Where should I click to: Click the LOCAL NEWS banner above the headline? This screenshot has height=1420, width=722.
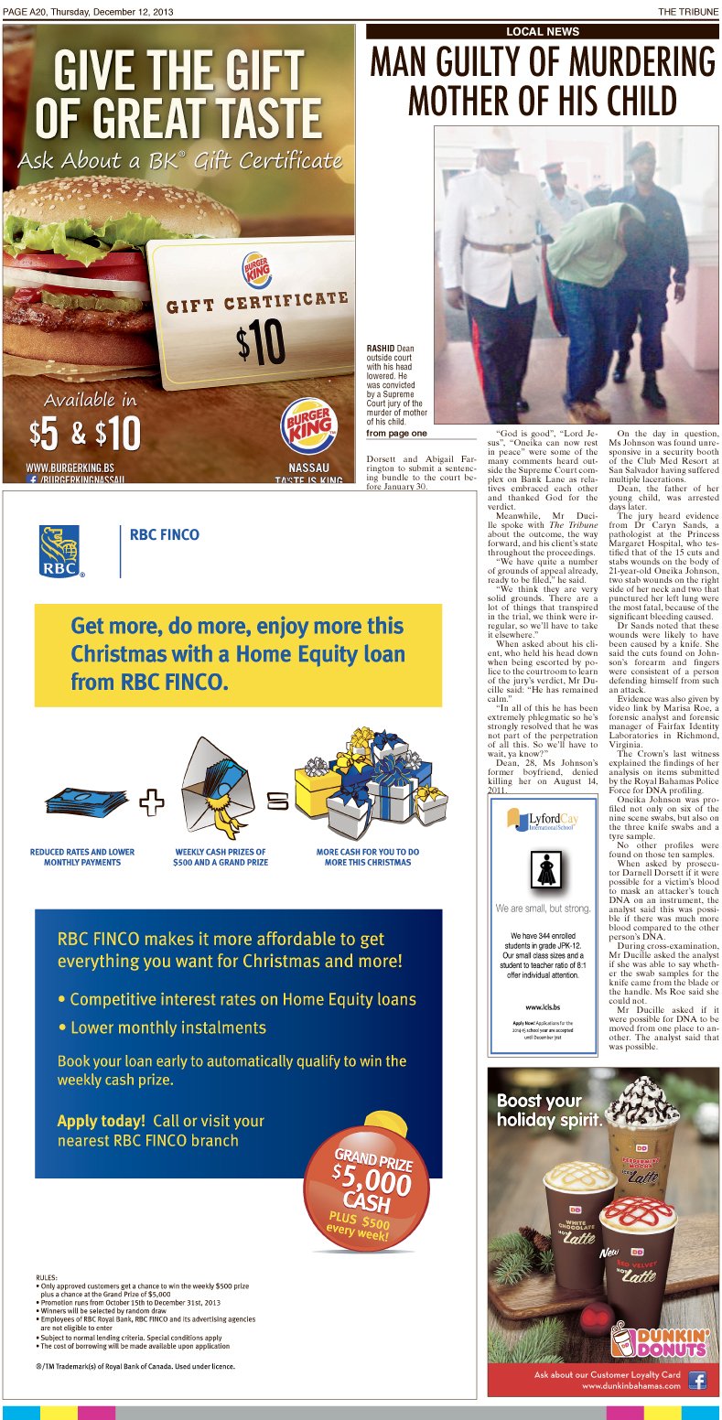(x=543, y=31)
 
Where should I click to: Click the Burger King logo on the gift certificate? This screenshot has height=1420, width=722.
(x=256, y=269)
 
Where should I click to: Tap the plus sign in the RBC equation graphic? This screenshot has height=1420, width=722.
(x=153, y=803)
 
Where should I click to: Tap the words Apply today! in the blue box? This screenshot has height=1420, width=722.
(x=101, y=1121)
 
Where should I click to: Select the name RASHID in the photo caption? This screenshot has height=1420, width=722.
(x=380, y=349)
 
